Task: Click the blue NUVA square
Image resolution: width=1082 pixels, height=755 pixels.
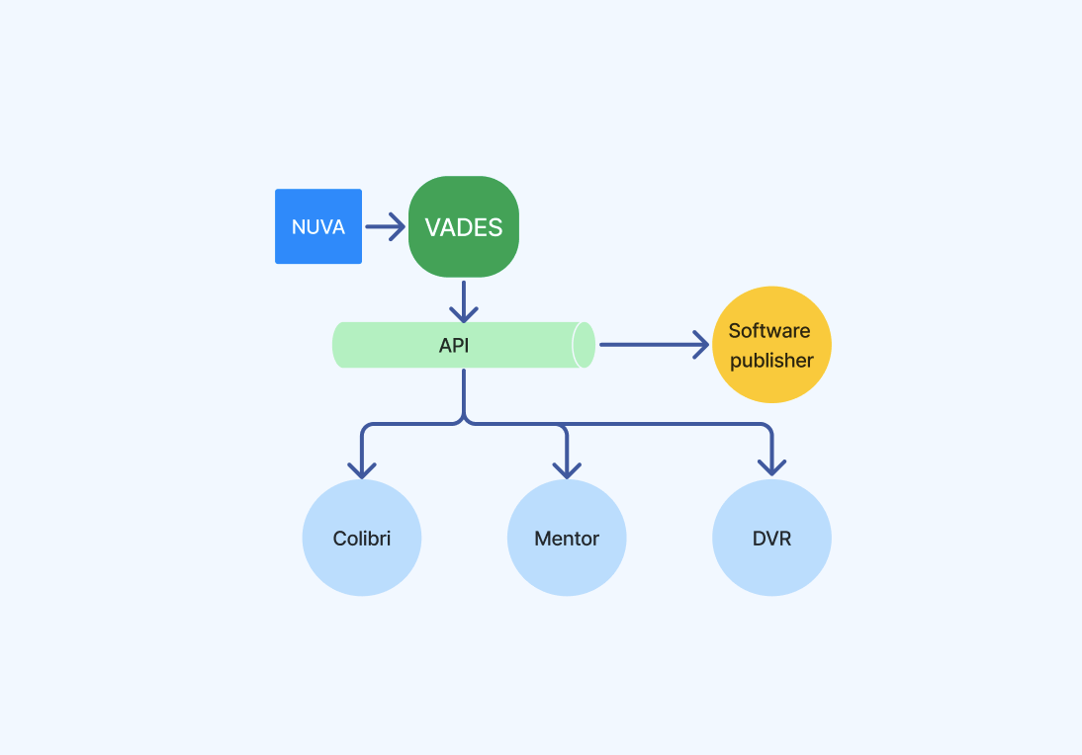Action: [x=318, y=226]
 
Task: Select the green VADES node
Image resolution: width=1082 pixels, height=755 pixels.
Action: [x=464, y=227]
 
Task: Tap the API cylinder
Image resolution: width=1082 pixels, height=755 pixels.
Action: [x=464, y=345]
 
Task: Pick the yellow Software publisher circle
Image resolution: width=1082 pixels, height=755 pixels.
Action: [x=771, y=345]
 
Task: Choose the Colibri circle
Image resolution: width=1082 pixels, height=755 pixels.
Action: [x=362, y=538]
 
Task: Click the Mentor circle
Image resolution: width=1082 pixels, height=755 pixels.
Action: [x=567, y=538]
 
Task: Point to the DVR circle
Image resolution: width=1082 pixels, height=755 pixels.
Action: [x=771, y=538]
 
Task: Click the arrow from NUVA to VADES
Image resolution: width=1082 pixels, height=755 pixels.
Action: [x=385, y=226]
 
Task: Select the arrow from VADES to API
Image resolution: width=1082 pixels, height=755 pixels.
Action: [x=464, y=301]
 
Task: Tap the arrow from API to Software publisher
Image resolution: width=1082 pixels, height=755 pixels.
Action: [x=654, y=345]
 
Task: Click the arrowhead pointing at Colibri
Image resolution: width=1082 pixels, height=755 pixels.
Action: [x=362, y=470]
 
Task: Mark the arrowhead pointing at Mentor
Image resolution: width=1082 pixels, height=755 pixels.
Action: [x=567, y=470]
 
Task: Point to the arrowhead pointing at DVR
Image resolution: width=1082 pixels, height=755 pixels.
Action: [x=771, y=467]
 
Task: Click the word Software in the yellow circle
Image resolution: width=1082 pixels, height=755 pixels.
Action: [x=769, y=331]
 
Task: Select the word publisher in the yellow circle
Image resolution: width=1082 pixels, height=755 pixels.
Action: [x=771, y=360]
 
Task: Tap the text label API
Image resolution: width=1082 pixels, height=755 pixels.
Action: [x=454, y=346]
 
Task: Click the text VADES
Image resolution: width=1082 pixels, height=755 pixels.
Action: [x=464, y=227]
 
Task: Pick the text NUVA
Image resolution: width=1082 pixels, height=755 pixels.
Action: [x=318, y=227]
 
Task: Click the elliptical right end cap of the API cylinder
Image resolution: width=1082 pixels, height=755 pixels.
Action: [x=584, y=345]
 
